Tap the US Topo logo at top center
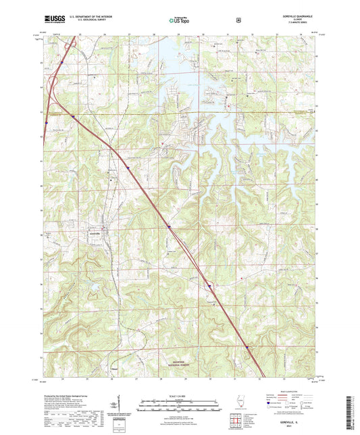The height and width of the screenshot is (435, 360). tap(179, 21)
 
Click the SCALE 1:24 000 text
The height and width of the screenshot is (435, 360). tap(180, 395)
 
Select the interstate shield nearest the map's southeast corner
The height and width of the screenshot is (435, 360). tap(249, 349)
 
